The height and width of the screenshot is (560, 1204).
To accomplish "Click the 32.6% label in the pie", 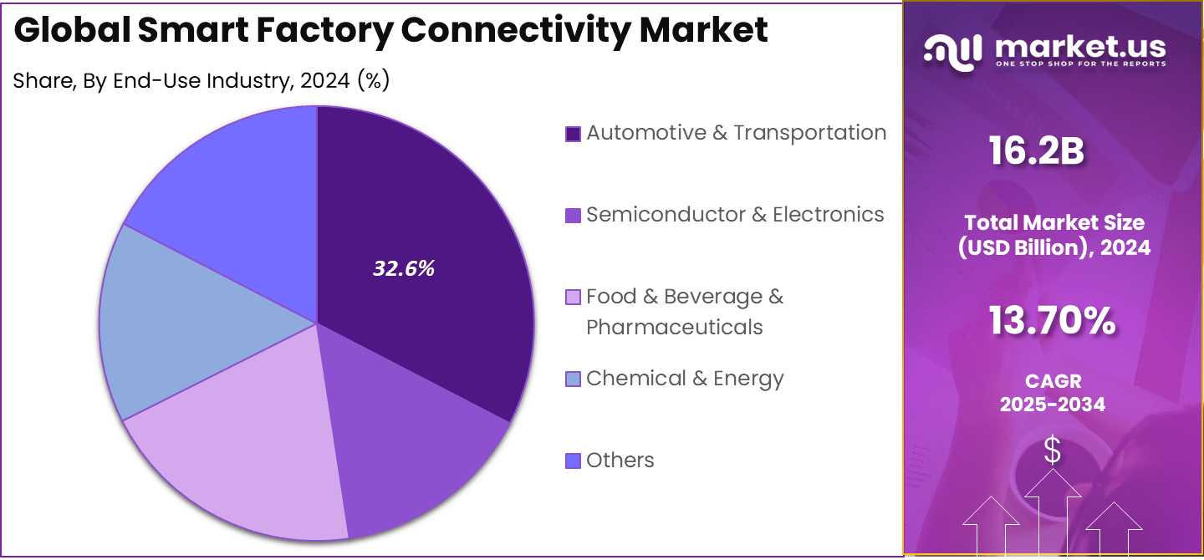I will click(404, 269).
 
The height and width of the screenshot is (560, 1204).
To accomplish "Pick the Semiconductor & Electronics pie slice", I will click(418, 451).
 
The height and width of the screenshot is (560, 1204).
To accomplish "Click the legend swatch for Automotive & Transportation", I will click(573, 134).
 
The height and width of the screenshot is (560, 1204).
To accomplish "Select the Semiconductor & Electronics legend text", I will click(735, 215).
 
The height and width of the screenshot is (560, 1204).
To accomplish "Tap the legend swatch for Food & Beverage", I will click(573, 297).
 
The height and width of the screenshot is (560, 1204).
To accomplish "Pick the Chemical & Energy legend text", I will click(685, 379).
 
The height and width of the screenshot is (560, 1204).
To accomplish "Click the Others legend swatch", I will click(573, 461).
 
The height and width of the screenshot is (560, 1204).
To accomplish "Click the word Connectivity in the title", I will click(515, 30).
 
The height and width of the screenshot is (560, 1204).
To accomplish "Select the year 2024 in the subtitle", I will click(325, 81).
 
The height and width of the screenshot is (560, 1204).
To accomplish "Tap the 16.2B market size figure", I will click(1037, 151).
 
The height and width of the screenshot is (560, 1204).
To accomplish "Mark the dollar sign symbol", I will click(1053, 451).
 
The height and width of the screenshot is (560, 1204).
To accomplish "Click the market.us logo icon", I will click(953, 52).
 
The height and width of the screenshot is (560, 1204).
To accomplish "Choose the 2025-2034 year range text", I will click(1053, 405).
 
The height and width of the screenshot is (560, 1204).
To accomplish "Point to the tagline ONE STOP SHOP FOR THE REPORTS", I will click(1080, 64).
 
